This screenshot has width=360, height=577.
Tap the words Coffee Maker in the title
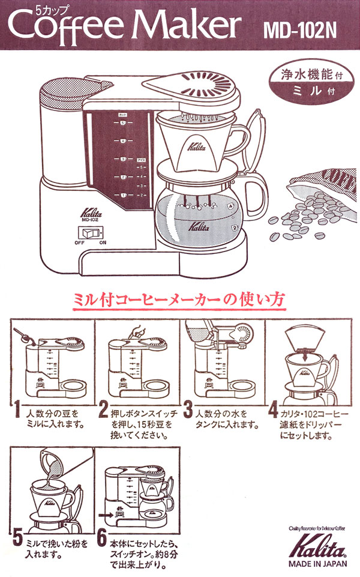click(125, 25)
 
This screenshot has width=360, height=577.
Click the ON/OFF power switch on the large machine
click(91, 233)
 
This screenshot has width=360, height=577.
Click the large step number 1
click(19, 412)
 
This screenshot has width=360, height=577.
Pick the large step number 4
click(273, 412)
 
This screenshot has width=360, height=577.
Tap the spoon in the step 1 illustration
click(23, 332)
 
